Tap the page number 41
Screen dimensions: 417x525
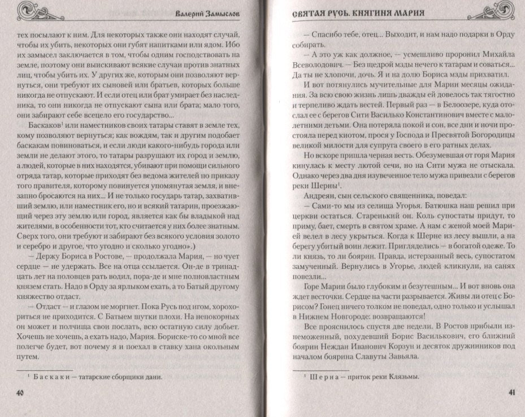pyautogui.click(x=509, y=393)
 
